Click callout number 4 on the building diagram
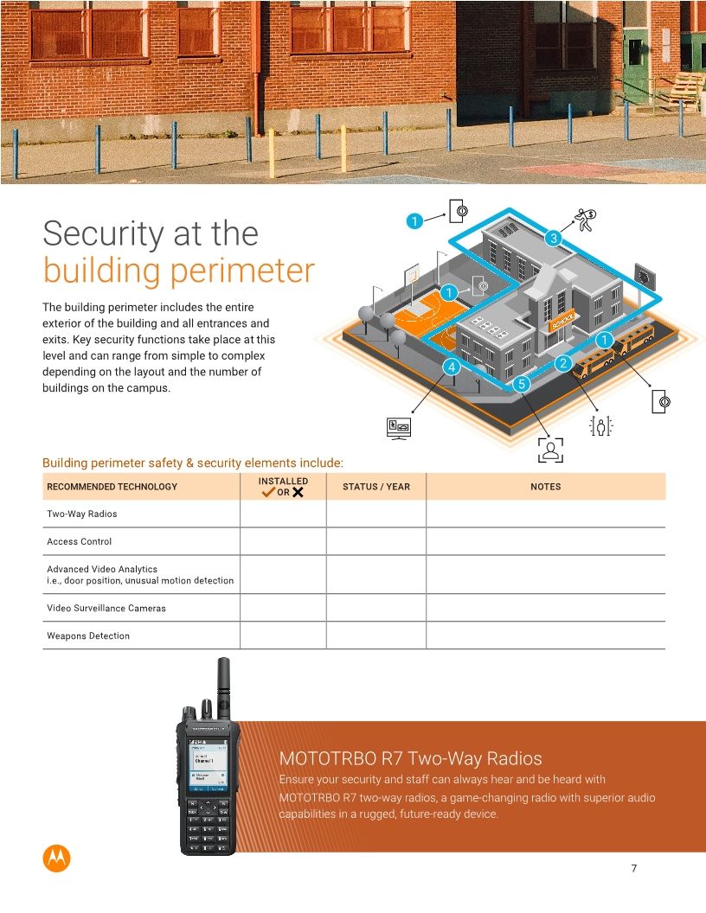[450, 367]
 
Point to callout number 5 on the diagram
[520, 382]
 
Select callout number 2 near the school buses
[562, 363]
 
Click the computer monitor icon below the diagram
[399, 428]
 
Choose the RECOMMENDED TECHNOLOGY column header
[112, 487]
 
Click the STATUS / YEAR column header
[376, 487]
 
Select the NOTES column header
[545, 487]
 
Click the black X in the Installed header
[298, 493]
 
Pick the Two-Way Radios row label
[81, 514]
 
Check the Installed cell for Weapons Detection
[283, 635]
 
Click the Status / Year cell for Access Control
[376, 541]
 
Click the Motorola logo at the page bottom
[56, 858]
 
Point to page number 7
[634, 869]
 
